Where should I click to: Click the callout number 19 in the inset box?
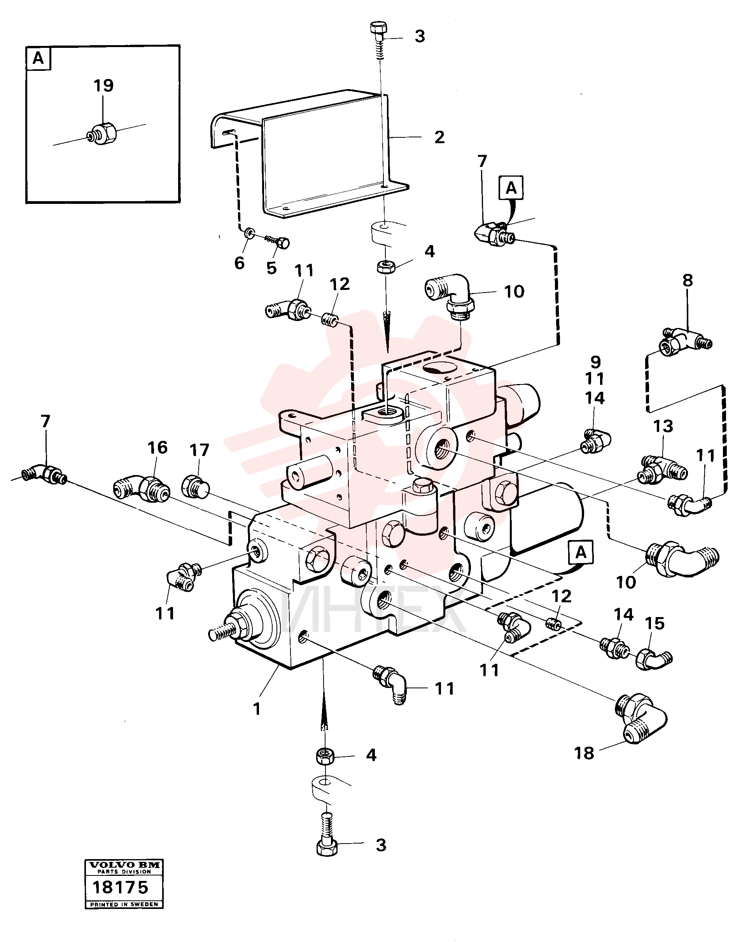[x=103, y=86]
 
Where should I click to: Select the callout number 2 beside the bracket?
[x=439, y=137]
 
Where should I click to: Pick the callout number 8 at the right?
[x=688, y=281]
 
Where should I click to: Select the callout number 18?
[x=584, y=753]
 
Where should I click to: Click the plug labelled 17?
[x=195, y=486]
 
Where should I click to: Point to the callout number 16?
[x=157, y=447]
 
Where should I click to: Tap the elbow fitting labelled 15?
[x=653, y=659]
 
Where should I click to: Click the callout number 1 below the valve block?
[x=257, y=709]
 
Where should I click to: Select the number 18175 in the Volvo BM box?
[x=121, y=888]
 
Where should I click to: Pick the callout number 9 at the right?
[x=596, y=362]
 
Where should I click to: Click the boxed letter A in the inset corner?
[x=38, y=58]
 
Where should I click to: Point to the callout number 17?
[x=199, y=450]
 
